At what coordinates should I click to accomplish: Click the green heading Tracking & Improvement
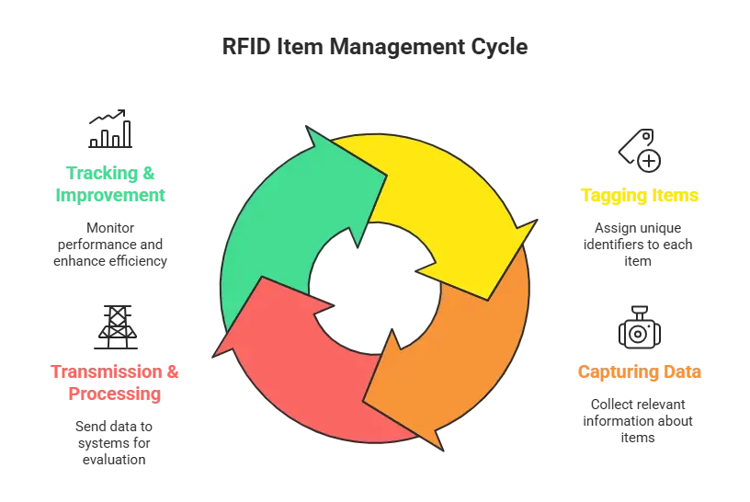[110, 182]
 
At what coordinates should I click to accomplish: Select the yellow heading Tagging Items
[637, 196]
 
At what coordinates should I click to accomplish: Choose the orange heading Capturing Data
[639, 373]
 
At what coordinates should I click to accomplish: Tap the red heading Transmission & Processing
[115, 383]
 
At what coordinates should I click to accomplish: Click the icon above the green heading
[109, 130]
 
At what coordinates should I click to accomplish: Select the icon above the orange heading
[639, 326]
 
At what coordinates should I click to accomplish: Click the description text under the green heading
[110, 245]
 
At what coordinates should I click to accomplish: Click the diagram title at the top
[375, 47]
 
